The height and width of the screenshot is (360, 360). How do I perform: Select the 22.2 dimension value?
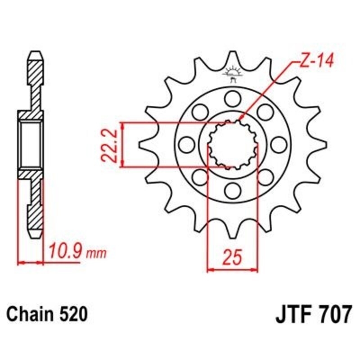pos(109,145)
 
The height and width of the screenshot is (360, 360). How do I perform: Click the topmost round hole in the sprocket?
pos(233,98)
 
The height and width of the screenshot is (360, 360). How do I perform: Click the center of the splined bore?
pos(233,144)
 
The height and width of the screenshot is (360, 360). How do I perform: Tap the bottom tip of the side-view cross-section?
pos(37,238)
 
